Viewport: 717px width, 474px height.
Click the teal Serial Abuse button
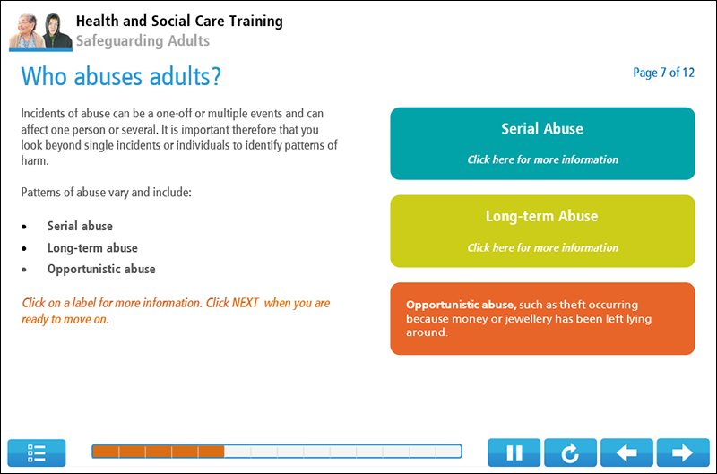click(542, 143)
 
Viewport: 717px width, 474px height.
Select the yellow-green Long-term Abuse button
click(542, 231)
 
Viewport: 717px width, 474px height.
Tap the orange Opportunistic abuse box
click(542, 318)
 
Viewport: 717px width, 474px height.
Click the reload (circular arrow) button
click(569, 453)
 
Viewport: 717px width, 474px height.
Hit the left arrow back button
click(626, 453)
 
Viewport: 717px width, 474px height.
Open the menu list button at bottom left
click(37, 453)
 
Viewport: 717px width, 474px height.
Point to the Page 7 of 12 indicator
click(663, 73)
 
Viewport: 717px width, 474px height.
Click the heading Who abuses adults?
click(121, 77)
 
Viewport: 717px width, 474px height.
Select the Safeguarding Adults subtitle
click(143, 40)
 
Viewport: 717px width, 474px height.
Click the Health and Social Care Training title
click(179, 21)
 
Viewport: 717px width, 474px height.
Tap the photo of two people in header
click(39, 30)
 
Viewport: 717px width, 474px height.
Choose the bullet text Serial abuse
click(80, 226)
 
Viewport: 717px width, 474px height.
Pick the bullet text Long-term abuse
click(92, 247)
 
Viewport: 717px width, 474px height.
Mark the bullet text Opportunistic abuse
click(101, 269)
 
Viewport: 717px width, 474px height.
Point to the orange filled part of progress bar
click(158, 452)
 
